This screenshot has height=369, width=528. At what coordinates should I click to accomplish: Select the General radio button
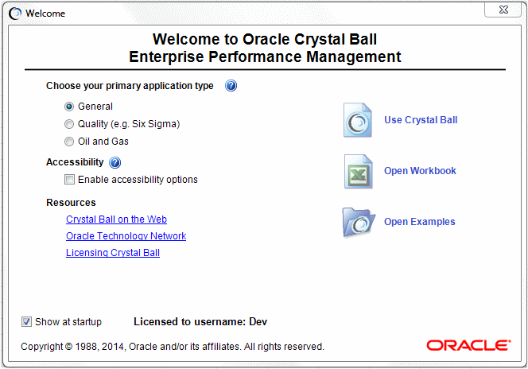click(69, 107)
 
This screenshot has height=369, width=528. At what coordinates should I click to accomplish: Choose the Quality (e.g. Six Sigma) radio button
click(69, 124)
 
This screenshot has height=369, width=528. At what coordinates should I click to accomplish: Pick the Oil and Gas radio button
click(69, 142)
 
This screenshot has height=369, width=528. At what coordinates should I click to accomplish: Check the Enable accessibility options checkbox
click(69, 180)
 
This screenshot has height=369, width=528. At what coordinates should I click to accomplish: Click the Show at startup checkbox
click(27, 322)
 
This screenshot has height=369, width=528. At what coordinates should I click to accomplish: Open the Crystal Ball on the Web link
click(116, 219)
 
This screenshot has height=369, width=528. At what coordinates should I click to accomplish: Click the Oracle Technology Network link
click(126, 236)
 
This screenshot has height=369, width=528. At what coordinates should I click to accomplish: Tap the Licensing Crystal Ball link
click(113, 253)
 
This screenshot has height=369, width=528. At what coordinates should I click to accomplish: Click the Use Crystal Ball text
click(421, 120)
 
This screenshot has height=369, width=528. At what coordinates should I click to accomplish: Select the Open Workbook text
click(420, 171)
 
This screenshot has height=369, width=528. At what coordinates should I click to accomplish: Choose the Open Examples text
click(419, 222)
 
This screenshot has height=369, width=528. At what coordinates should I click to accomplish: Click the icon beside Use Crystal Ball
click(358, 120)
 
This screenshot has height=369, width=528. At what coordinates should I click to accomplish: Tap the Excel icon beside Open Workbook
click(358, 171)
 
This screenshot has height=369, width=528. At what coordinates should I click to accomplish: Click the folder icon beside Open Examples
click(358, 222)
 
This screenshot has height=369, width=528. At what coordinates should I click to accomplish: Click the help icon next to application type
click(231, 86)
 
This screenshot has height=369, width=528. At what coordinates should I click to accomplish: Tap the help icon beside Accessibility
click(115, 163)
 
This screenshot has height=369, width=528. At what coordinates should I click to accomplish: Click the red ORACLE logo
click(468, 345)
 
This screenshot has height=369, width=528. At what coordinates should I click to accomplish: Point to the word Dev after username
click(258, 322)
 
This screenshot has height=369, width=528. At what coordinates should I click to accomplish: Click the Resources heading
click(71, 203)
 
